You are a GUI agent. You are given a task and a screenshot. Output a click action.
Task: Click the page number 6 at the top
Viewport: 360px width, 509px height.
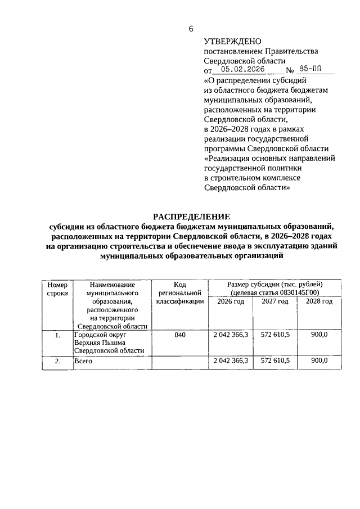[191, 29]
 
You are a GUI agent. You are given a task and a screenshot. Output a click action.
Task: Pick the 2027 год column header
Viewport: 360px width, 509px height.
[275, 301]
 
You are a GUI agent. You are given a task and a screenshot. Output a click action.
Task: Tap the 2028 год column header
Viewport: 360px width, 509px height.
[319, 301]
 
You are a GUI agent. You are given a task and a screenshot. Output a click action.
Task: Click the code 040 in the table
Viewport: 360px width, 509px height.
[180, 335]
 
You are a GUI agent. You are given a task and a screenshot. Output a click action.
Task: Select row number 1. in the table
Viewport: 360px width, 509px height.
[57, 336]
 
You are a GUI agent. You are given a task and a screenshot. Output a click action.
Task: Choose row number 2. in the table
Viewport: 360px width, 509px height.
[57, 362]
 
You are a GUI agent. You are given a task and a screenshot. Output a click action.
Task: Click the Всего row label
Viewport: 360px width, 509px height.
[83, 362]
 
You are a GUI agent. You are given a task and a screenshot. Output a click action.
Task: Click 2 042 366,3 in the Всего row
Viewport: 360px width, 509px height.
[231, 361]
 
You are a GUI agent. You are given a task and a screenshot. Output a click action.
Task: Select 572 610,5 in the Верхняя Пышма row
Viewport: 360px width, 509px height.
[275, 335]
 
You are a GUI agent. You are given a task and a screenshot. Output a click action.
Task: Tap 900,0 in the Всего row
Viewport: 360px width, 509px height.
[319, 361]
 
